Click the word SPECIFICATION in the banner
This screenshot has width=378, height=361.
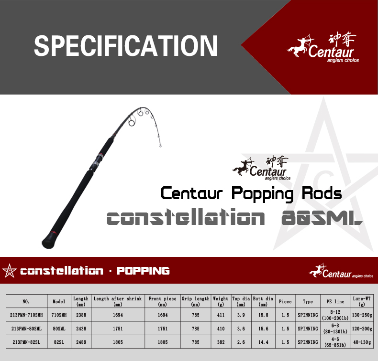click(x=125, y=46)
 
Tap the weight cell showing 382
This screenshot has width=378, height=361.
click(x=221, y=342)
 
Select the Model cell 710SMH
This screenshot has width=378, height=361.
click(x=59, y=315)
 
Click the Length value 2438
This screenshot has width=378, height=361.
click(x=81, y=329)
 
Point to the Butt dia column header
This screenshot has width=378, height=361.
click(x=263, y=301)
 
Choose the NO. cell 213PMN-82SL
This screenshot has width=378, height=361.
click(x=26, y=342)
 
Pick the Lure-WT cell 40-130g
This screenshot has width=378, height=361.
click(x=362, y=342)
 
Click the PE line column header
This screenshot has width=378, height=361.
click(x=335, y=301)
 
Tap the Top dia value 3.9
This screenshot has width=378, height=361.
click(x=241, y=315)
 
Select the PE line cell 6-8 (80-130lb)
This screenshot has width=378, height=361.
click(x=335, y=329)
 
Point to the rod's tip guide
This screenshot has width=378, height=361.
click(x=160, y=145)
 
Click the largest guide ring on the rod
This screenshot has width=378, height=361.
click(x=132, y=123)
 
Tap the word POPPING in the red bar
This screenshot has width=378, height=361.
click(x=143, y=271)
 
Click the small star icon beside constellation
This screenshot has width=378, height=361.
click(x=10, y=271)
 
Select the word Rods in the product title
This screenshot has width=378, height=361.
click(x=322, y=193)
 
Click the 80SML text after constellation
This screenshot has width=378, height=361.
click(x=322, y=218)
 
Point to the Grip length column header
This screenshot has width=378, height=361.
click(x=196, y=301)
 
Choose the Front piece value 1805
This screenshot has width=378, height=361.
click(x=163, y=342)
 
